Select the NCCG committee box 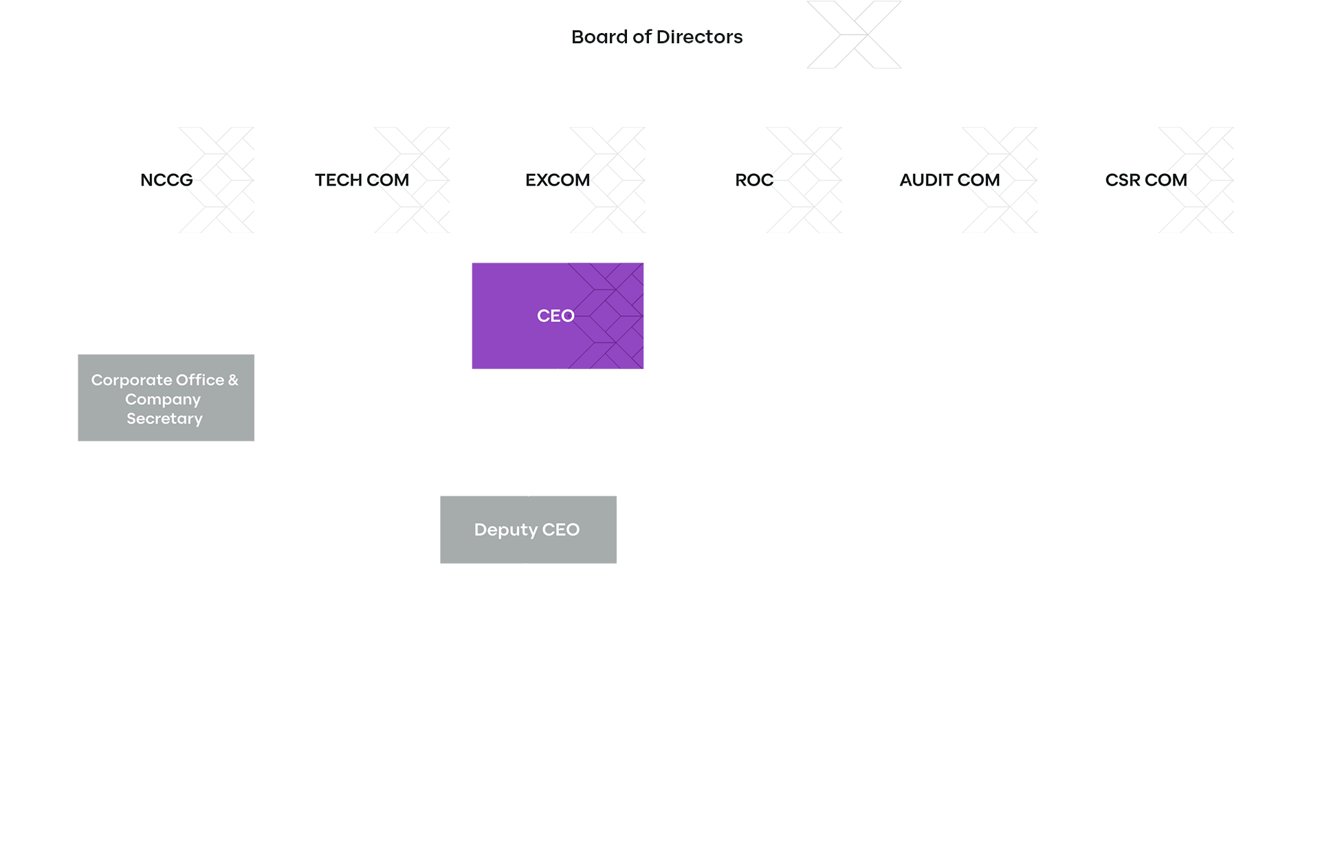[166, 179]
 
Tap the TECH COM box [362, 179]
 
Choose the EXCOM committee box [557, 179]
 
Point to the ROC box [753, 179]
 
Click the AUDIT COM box [949, 179]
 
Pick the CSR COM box [1145, 179]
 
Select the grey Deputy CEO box [527, 529]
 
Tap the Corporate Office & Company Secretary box [166, 397]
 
